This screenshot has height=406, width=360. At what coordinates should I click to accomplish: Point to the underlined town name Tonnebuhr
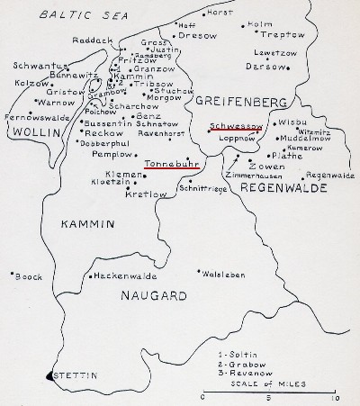click(x=171, y=163)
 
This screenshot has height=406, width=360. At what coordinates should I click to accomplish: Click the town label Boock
click(x=29, y=275)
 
